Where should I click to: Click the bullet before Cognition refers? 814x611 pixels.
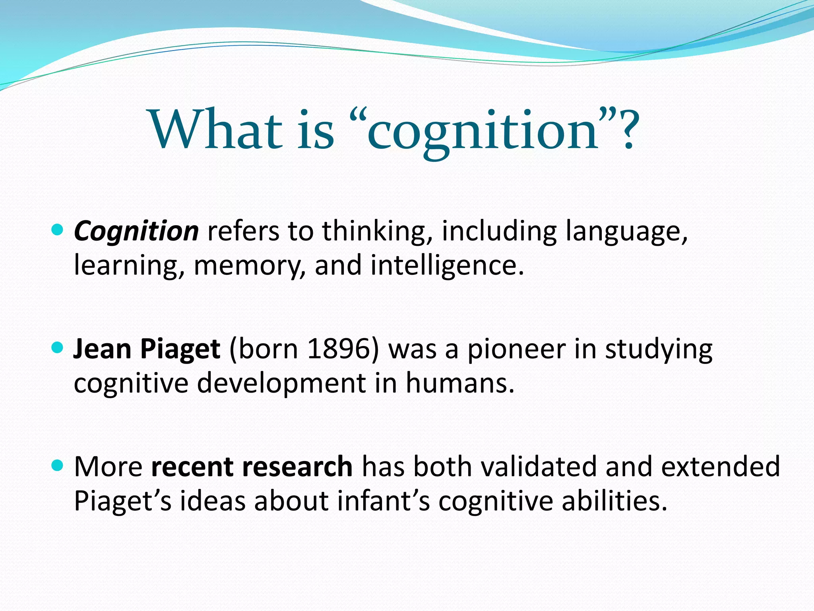[58, 230]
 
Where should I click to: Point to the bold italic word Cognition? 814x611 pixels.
[136, 232]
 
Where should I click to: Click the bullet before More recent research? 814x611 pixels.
[58, 465]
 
